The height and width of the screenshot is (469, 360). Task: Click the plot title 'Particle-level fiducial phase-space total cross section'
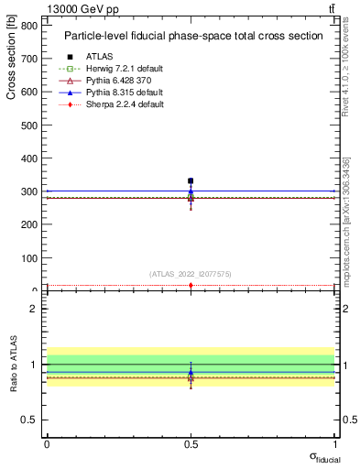pos(193,37)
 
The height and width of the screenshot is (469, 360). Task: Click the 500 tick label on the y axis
pos(29,125)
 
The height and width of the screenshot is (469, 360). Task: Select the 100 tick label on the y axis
pos(29,257)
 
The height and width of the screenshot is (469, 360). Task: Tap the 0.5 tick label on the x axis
pos(191,443)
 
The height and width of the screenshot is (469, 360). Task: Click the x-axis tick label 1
pos(335,443)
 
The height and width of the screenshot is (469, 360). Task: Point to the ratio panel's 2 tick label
pos(33,309)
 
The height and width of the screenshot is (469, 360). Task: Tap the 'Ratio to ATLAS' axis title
pos(11,364)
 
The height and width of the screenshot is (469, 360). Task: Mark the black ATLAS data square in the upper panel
pos(191,181)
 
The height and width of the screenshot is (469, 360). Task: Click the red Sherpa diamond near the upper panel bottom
pos(191,286)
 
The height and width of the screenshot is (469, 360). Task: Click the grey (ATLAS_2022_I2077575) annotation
pos(191,273)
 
